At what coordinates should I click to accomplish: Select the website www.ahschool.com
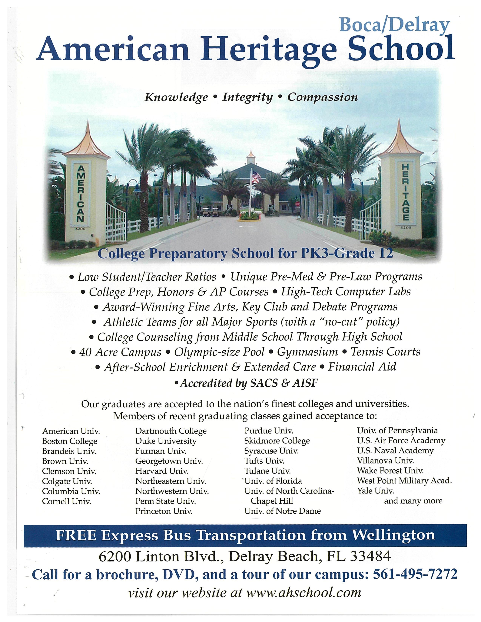pos(304,592)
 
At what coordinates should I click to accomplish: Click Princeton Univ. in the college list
pos(164,511)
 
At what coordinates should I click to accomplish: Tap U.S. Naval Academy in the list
pos(395,451)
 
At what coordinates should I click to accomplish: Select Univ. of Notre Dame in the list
pos(282,511)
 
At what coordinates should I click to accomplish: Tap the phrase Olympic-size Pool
pos(219,352)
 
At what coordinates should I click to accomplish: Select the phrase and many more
pos(413,501)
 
